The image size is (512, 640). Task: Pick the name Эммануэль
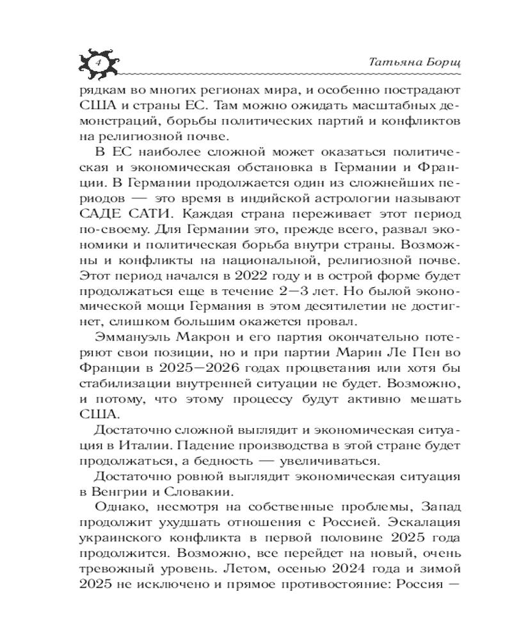(128, 336)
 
